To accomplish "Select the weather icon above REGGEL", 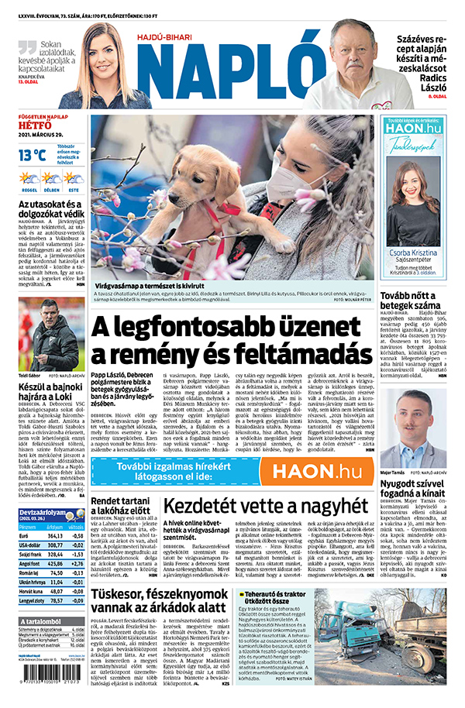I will tap(29, 178).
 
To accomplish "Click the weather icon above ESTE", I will tap(74, 178).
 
